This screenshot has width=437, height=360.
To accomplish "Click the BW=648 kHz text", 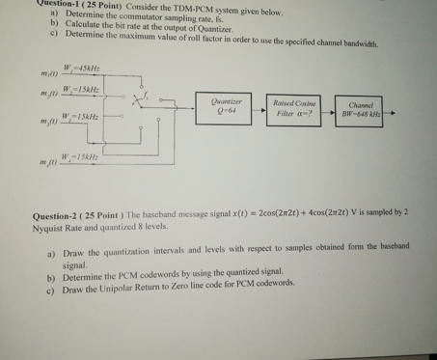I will (361, 112).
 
